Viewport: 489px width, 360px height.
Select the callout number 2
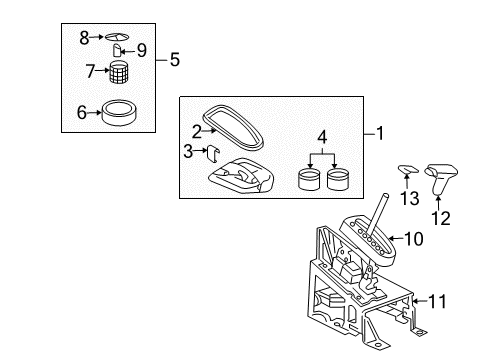coord(195,130)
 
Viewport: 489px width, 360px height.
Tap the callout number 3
coord(187,151)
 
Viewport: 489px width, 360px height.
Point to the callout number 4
coord(320,137)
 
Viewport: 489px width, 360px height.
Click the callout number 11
coord(438,299)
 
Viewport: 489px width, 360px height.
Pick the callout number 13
coord(407,200)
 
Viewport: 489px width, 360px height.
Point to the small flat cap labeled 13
coord(408,170)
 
